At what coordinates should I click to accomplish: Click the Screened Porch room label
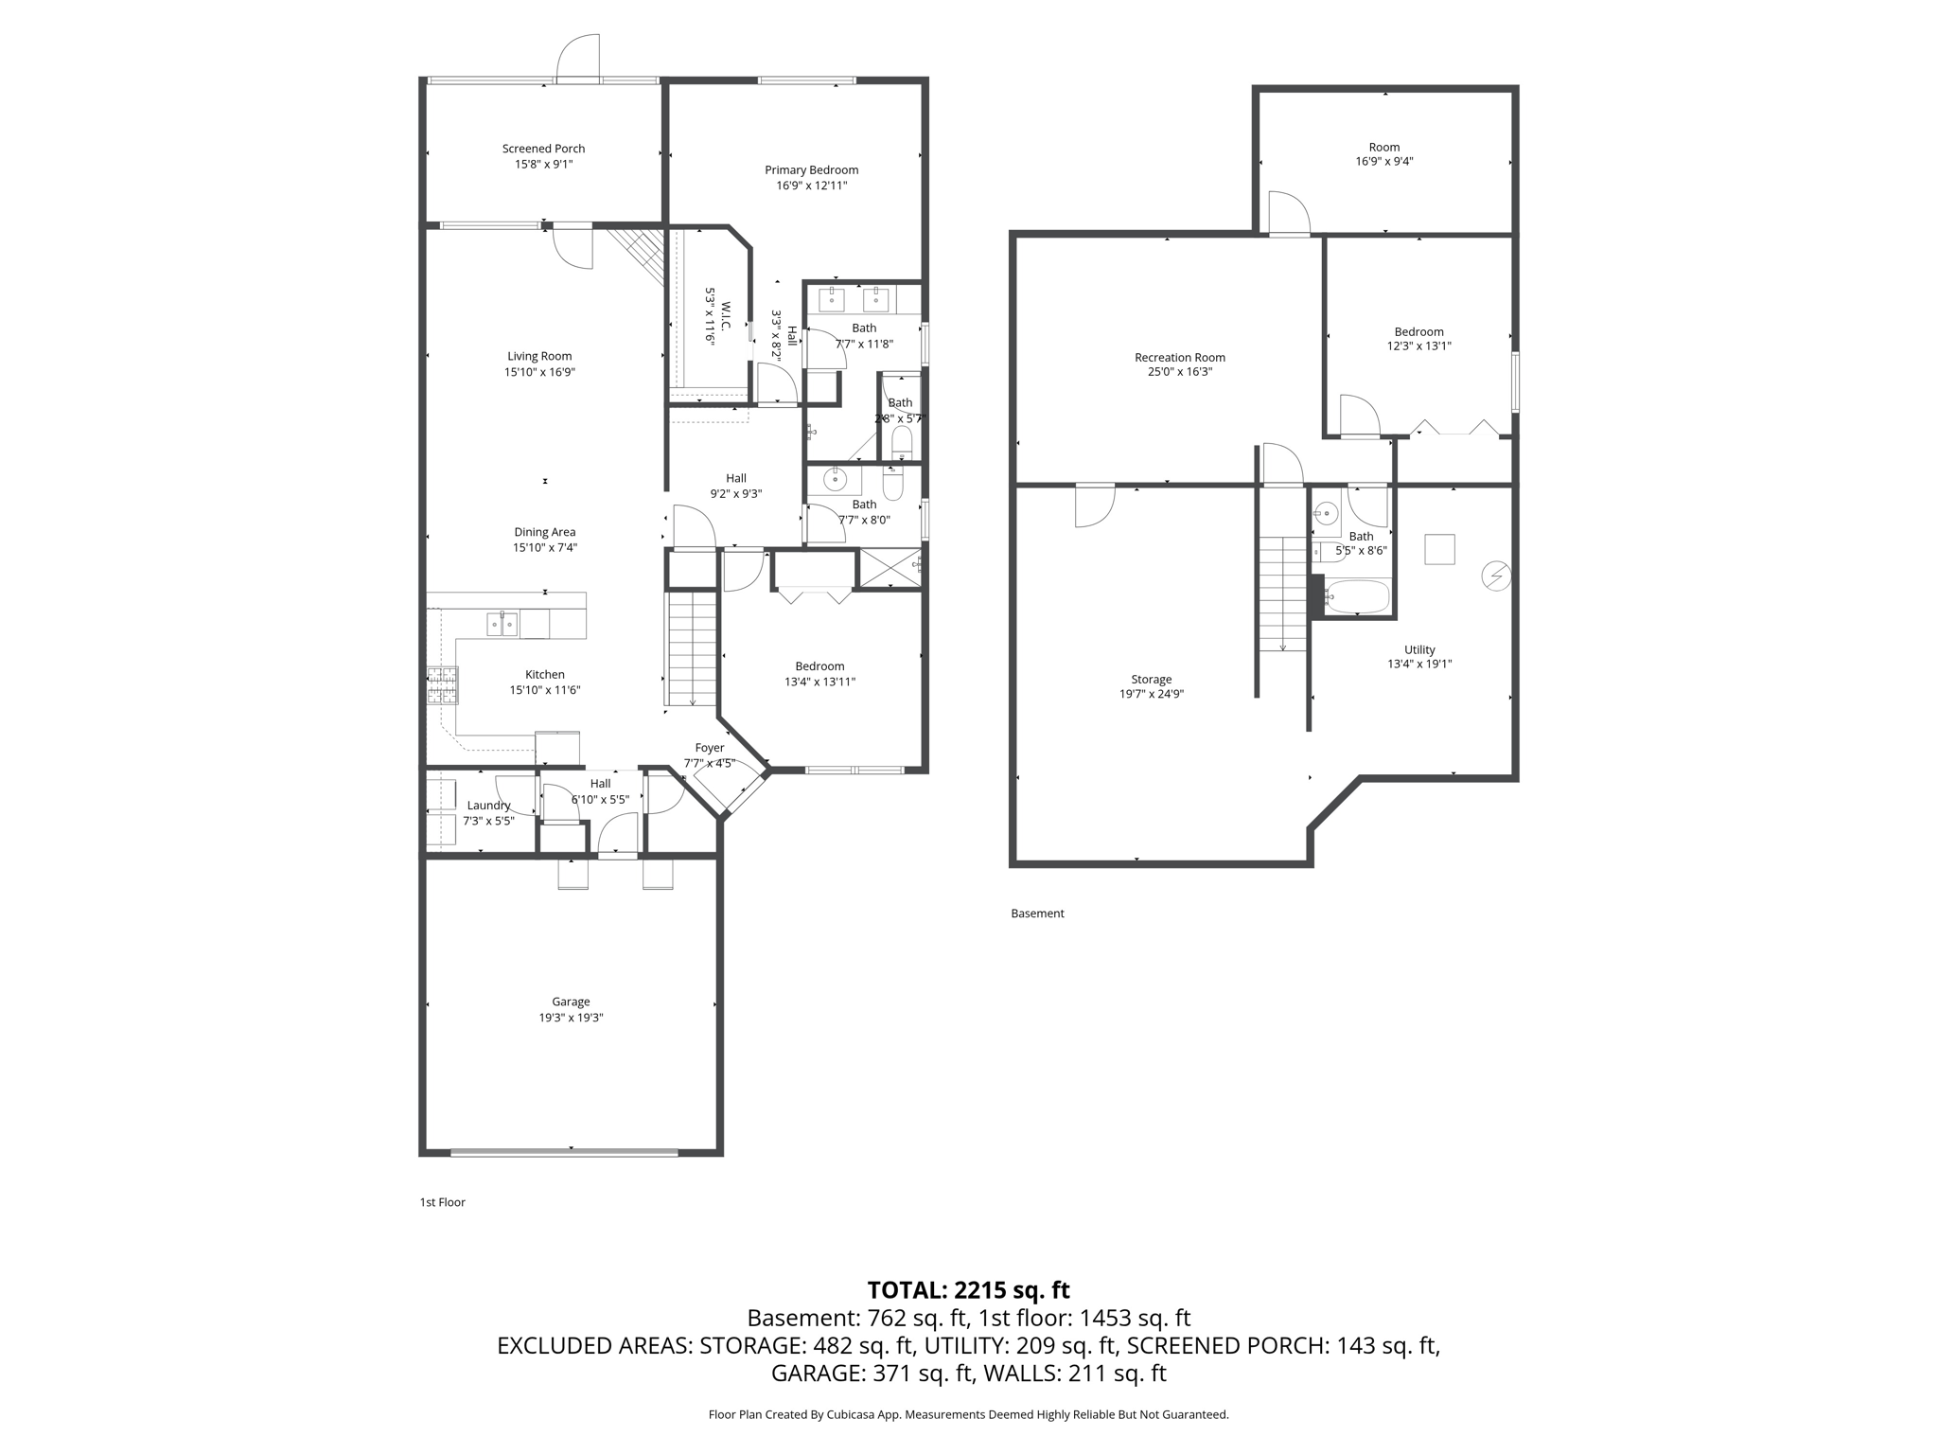pos(543,149)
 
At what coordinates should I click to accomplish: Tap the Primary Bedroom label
pos(812,170)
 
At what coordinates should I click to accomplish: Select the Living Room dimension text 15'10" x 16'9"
pos(539,373)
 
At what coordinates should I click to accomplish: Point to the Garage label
pos(571,1002)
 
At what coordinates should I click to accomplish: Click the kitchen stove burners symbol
pos(442,685)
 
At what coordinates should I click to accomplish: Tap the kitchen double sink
pos(502,625)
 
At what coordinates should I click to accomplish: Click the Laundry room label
pos(488,806)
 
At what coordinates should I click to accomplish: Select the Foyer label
pos(710,748)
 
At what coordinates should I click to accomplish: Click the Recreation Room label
pos(1180,358)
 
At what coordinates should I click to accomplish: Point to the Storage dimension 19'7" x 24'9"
pos(1152,694)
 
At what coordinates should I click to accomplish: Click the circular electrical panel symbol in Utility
pos(1496,576)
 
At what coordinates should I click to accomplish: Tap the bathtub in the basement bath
pos(1356,597)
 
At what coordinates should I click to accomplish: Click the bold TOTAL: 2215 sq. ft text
pos(969,1290)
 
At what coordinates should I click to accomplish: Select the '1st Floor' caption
pos(443,1202)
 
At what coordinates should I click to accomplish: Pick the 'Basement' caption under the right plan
pos(1037,913)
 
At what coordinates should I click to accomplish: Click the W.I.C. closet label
pos(726,316)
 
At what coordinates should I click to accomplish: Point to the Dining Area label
pos(545,532)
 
